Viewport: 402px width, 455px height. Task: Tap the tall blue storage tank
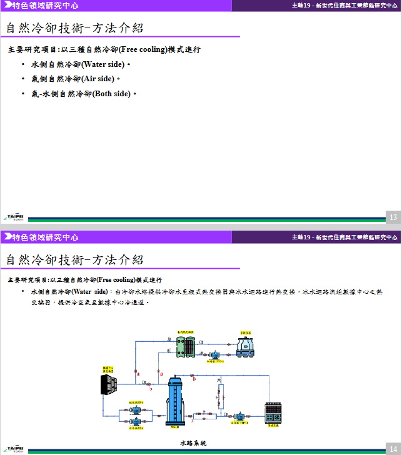click(x=174, y=401)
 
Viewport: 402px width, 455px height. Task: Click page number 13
click(x=393, y=217)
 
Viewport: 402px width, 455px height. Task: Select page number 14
click(x=393, y=448)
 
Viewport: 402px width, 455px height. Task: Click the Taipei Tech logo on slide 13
click(x=14, y=216)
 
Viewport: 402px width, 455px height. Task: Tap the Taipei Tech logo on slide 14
click(x=14, y=447)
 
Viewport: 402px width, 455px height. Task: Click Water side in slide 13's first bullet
click(x=103, y=64)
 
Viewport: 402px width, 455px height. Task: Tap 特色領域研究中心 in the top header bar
click(x=46, y=6)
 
